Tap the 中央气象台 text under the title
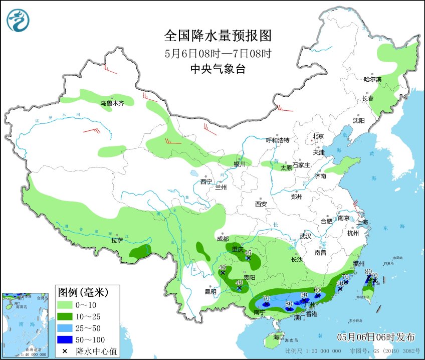218,70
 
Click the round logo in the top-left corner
18,20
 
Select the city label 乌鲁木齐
111,103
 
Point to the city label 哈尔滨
372,79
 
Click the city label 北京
318,136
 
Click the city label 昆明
210,292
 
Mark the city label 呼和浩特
277,140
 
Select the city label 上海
362,222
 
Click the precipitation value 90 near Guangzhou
303,294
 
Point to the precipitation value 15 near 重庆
248,253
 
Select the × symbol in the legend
65,350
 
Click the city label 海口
279,337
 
